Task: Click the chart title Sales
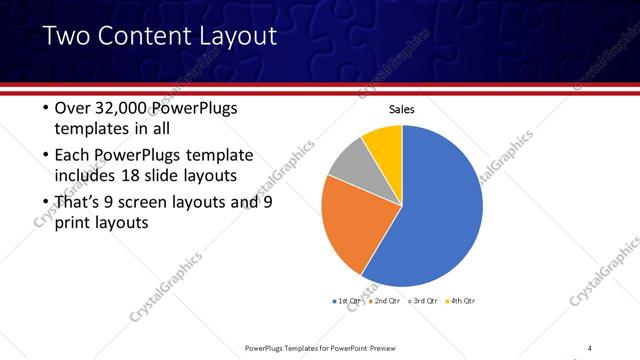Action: point(401,110)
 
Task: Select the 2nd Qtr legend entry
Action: point(387,300)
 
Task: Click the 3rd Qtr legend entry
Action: point(423,300)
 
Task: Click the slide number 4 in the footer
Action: point(589,347)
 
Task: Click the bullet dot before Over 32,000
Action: point(44,108)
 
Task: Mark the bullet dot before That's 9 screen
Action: point(44,203)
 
